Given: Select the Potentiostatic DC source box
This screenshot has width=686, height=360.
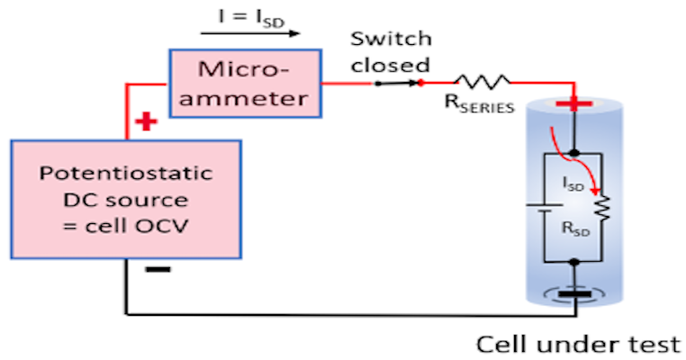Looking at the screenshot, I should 125,198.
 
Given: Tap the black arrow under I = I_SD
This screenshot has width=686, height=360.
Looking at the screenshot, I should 251,34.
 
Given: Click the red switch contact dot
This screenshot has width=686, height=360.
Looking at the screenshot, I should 420,83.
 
